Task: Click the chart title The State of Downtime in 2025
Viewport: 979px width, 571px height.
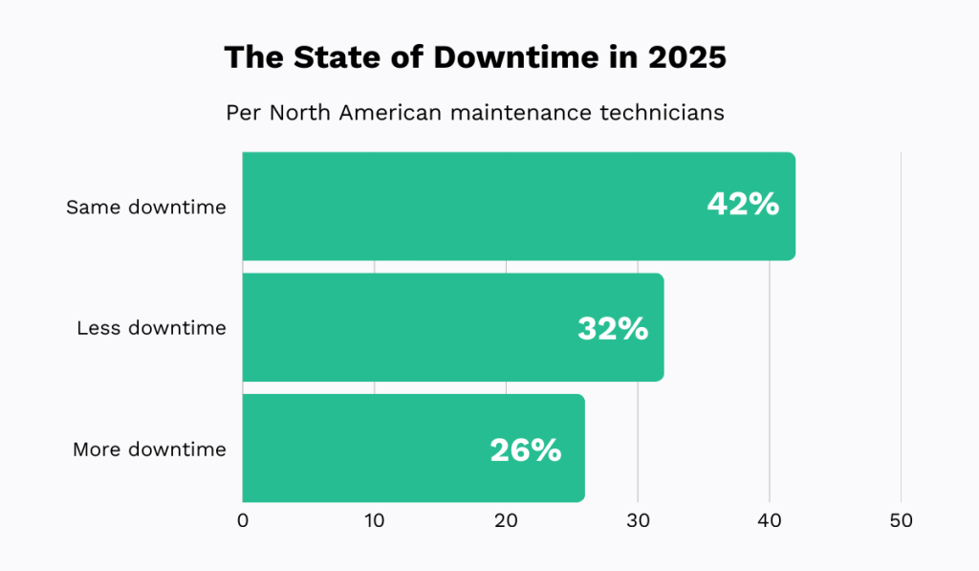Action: [475, 57]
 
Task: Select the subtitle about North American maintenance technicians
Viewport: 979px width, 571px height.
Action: [475, 113]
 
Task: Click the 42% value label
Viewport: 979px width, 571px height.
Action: [743, 205]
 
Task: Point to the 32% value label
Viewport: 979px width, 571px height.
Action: [613, 329]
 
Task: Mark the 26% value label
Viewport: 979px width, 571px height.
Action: [525, 450]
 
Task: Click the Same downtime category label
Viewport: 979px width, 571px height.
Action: [146, 207]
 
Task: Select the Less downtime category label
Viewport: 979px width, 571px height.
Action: [151, 328]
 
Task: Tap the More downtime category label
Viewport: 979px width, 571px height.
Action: [149, 450]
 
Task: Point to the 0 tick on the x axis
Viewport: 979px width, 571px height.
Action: [243, 521]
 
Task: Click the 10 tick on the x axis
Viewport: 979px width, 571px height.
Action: [374, 521]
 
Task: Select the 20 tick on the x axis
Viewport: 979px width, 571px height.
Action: [506, 521]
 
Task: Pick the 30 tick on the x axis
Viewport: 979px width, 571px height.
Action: [638, 521]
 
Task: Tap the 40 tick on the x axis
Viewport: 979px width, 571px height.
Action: [770, 521]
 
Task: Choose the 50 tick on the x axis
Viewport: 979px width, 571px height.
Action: [901, 521]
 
